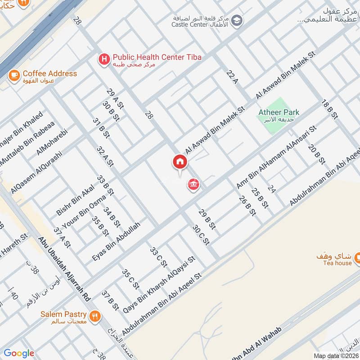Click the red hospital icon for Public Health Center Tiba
coord(104,58)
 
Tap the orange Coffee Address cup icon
coord(14,74)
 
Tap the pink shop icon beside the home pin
coord(194,184)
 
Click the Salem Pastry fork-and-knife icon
coord(94,315)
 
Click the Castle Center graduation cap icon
coord(237,20)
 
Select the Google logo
coord(19,353)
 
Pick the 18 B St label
coord(329,109)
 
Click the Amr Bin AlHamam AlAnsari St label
coord(276,158)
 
